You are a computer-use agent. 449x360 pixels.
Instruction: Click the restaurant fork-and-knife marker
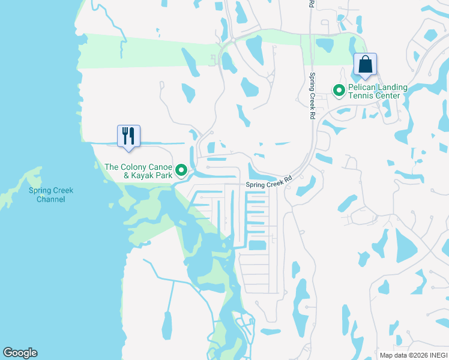point(128,136)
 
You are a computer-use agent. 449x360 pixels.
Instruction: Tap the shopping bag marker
point(365,64)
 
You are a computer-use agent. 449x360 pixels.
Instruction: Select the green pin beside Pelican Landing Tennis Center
point(339,91)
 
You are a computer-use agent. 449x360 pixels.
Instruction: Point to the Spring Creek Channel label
point(51,195)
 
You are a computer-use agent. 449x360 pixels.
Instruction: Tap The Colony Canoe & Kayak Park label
point(139,171)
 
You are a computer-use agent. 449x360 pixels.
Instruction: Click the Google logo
point(20,353)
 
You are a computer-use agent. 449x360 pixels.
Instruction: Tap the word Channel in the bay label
point(51,199)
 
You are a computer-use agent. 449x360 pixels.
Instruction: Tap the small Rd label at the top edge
point(311,4)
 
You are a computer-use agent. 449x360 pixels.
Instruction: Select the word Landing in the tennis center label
point(392,87)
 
